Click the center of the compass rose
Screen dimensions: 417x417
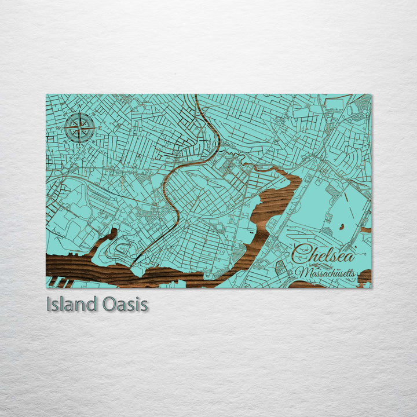click(x=81, y=127)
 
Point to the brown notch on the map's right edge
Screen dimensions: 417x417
click(x=366, y=230)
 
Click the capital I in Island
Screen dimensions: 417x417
click(x=49, y=305)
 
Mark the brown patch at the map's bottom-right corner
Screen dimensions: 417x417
click(x=364, y=278)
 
